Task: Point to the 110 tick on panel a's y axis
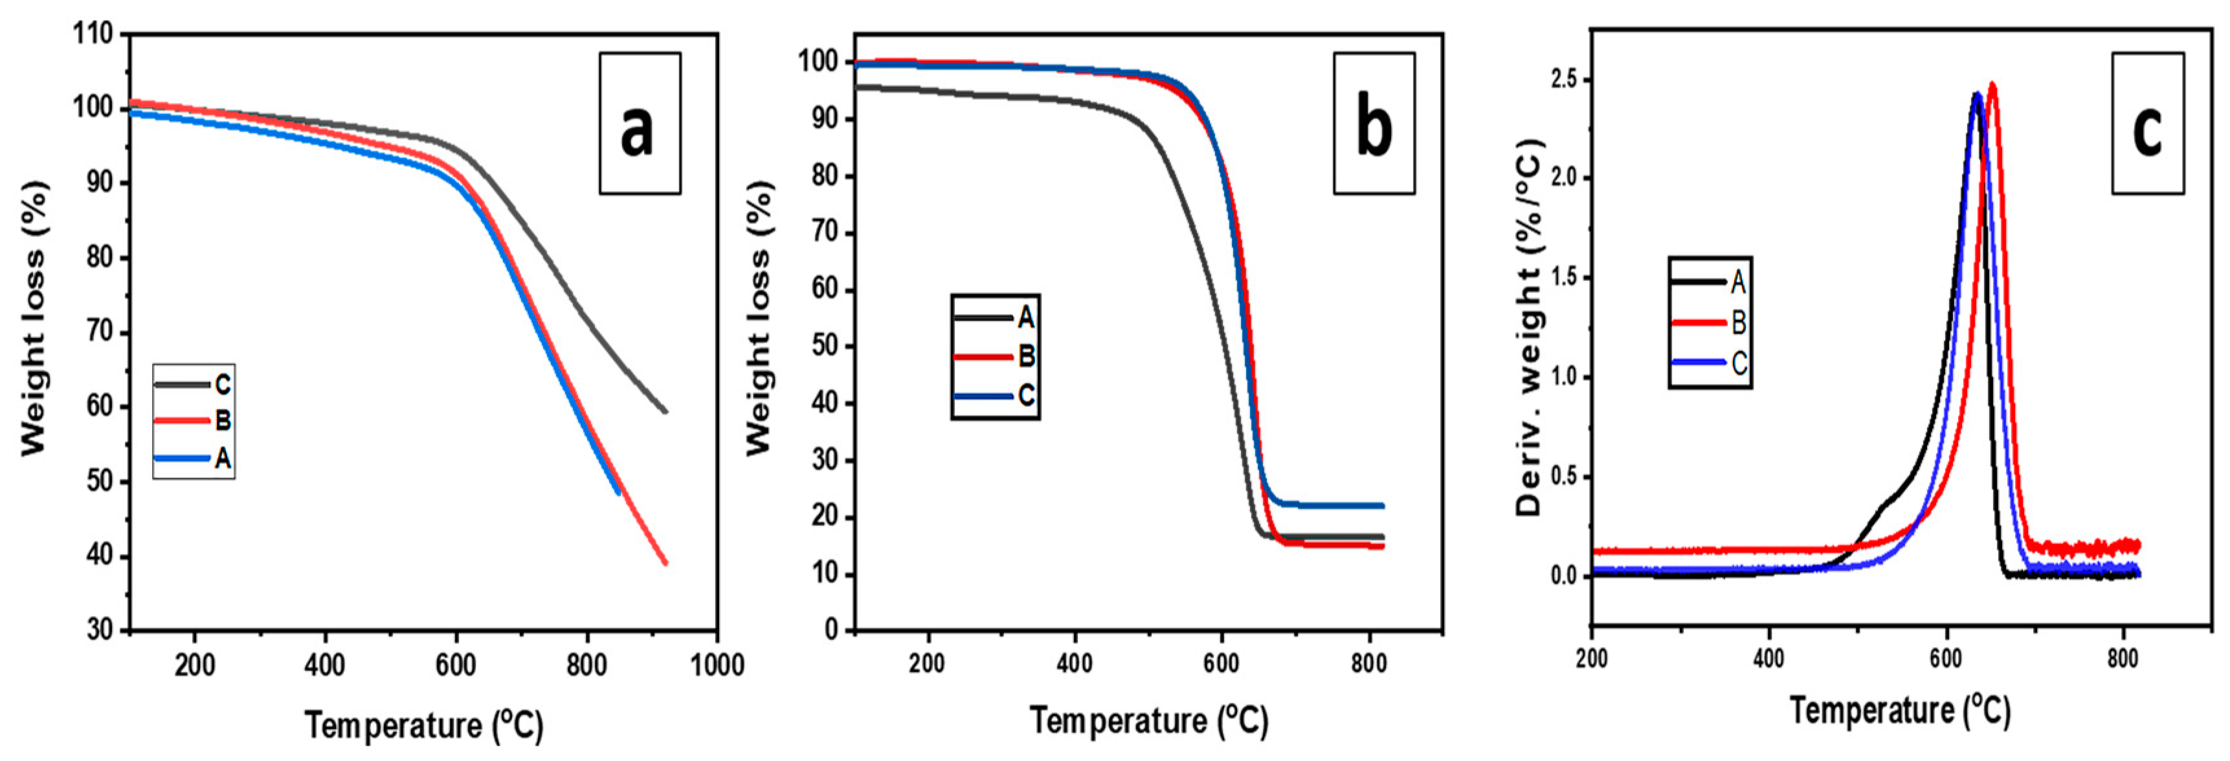click(x=93, y=34)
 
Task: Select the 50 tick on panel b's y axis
click(x=827, y=346)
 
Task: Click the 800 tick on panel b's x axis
click(x=1368, y=664)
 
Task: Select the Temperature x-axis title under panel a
click(x=424, y=725)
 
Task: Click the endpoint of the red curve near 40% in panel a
click(x=665, y=563)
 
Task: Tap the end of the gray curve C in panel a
click(x=665, y=411)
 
